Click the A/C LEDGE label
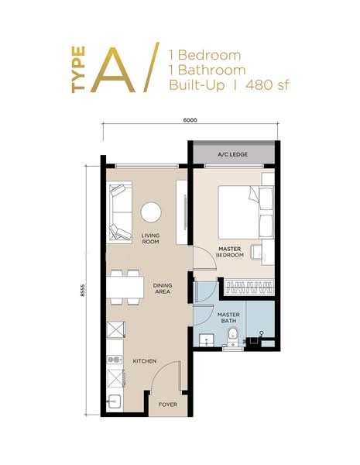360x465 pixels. point(232,154)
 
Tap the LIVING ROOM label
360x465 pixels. point(150,239)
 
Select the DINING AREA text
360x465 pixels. point(163,288)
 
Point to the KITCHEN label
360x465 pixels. point(145,361)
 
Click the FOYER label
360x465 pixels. point(168,405)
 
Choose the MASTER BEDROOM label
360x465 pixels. point(230,252)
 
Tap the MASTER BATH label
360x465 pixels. point(228,318)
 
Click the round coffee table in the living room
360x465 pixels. point(151,212)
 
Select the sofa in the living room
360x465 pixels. point(119,212)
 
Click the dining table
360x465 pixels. point(125,287)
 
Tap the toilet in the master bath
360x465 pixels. point(233,336)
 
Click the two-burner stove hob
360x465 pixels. point(115,360)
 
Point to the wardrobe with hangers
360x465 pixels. point(249,287)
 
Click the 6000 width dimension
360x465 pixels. point(190,120)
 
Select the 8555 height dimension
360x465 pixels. point(82,291)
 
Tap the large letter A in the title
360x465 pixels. point(113,70)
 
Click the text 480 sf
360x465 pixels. point(267,85)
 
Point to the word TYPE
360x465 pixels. point(78,70)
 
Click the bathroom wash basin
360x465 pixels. point(207,340)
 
